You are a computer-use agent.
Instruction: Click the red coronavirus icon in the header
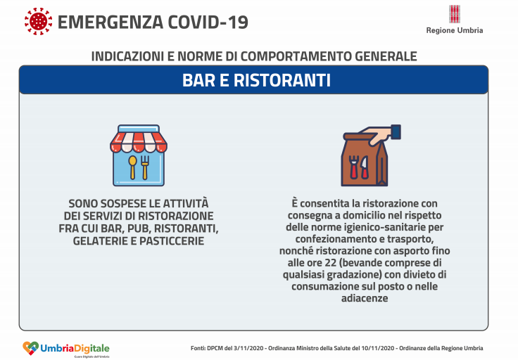coord(38,22)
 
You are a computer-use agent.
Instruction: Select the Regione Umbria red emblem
coord(454,15)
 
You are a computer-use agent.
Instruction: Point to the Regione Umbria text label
coord(454,30)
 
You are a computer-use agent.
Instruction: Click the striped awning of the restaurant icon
coord(139,139)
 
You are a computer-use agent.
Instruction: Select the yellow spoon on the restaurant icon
coord(132,167)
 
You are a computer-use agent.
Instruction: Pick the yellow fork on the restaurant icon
coord(146,167)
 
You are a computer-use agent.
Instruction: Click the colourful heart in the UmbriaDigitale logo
coord(30,347)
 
